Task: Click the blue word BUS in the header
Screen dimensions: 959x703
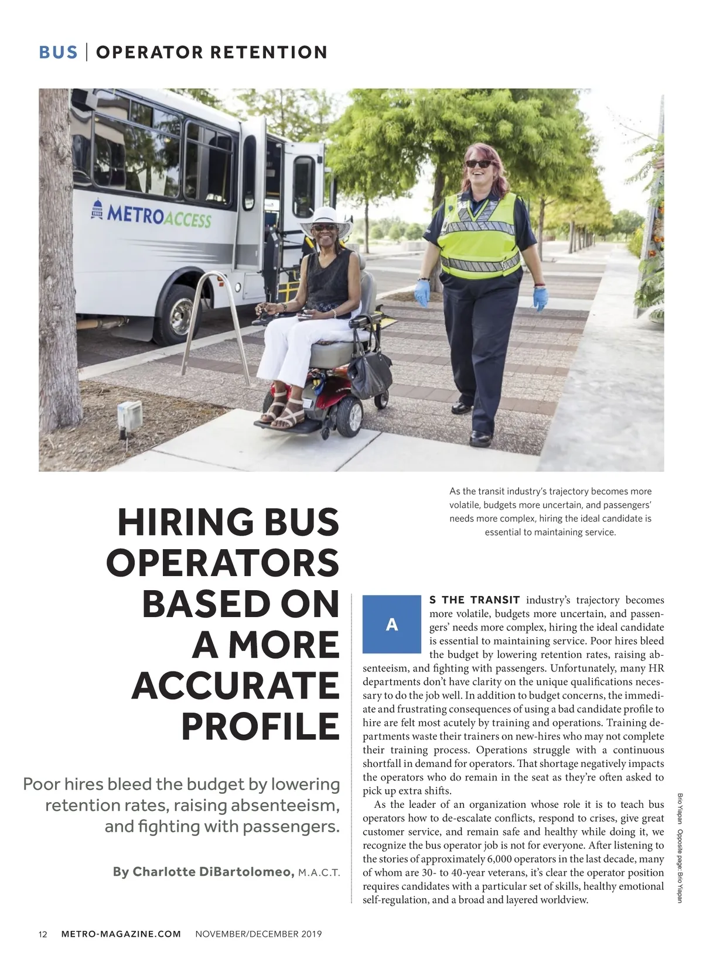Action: pos(58,52)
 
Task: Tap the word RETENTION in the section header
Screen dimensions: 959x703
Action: pos(269,52)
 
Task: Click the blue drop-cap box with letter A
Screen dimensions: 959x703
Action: pos(391,624)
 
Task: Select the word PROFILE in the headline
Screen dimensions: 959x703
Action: pos(260,726)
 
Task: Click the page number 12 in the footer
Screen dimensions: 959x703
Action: pos(43,934)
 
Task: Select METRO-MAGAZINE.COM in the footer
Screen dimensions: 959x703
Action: pos(121,934)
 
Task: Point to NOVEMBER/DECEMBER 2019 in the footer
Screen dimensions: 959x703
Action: pos(258,934)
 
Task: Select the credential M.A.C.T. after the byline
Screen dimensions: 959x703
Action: pos(319,872)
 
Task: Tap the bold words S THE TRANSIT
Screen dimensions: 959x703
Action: pos(475,600)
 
